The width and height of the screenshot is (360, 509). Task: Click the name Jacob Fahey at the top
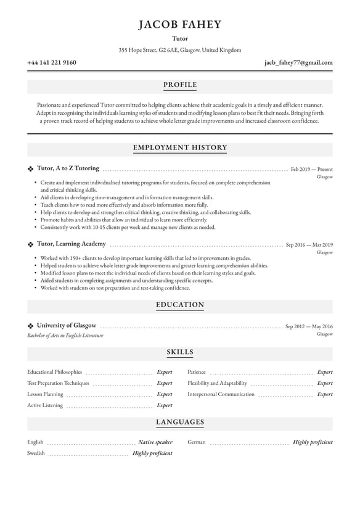180,25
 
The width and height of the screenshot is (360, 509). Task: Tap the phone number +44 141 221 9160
52,62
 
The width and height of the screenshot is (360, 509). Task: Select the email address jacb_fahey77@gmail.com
298,62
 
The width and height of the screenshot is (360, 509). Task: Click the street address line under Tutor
180,50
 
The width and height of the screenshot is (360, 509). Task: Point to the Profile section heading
180,85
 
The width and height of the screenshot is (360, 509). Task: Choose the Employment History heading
180,147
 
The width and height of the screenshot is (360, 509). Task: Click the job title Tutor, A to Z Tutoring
68,168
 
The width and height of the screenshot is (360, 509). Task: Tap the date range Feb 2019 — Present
311,169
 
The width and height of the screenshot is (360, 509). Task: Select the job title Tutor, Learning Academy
72,244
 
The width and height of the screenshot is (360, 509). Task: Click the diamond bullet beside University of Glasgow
31,326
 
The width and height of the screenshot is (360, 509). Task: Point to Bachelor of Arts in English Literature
65,336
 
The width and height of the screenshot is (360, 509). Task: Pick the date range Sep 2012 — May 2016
309,326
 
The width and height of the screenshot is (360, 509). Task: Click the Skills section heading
180,352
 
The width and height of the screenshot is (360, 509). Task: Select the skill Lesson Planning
45,394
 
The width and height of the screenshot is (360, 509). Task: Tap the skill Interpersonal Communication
221,394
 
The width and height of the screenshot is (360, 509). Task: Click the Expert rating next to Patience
324,373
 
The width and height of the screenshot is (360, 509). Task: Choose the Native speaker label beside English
155,442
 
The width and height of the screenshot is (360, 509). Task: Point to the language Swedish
36,453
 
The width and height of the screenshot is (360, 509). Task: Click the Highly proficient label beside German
313,442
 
